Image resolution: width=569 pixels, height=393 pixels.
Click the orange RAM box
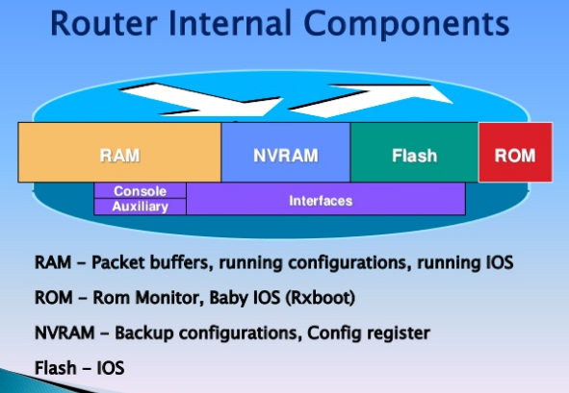coord(120,154)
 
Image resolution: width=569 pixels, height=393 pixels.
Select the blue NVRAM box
coord(286,154)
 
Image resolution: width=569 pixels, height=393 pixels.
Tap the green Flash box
coord(414,154)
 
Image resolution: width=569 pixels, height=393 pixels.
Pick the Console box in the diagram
coord(141,191)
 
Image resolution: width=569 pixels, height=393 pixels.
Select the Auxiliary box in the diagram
coord(141,206)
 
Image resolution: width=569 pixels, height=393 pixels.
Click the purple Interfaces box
coord(325,200)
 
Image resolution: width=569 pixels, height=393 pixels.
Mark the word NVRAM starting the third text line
coord(65,332)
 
